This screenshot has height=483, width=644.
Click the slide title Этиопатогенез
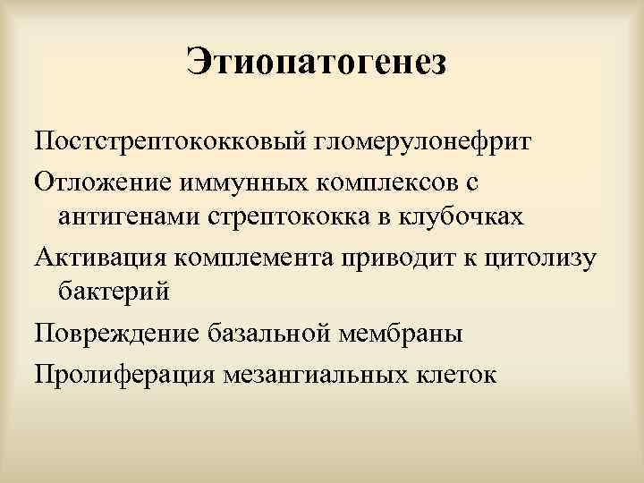pyautogui.click(x=316, y=62)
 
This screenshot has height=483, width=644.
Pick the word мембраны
pyautogui.click(x=409, y=333)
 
